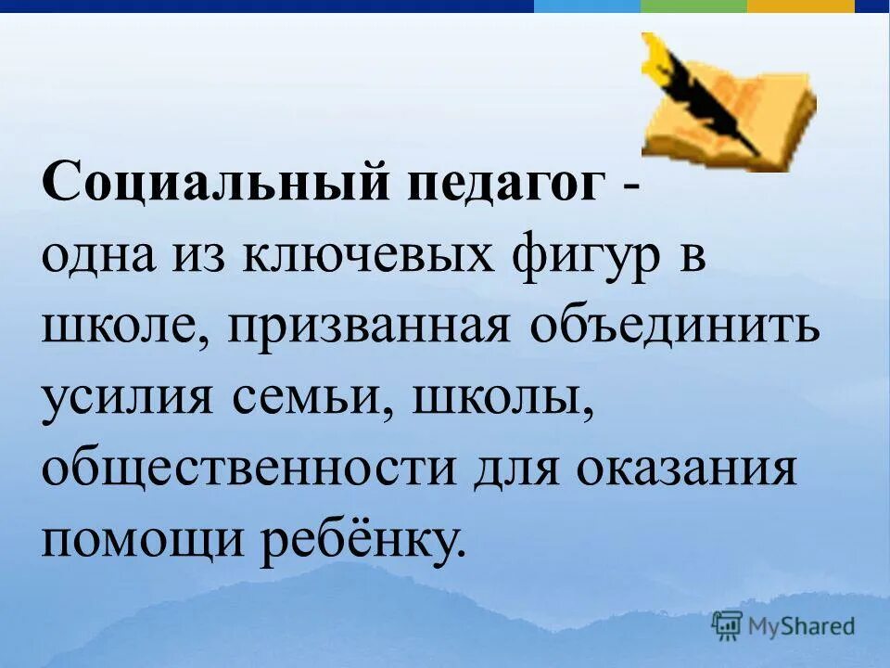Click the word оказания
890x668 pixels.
686,469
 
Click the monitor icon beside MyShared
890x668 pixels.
727,625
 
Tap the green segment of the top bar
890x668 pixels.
693,6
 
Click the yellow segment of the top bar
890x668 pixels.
800,6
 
